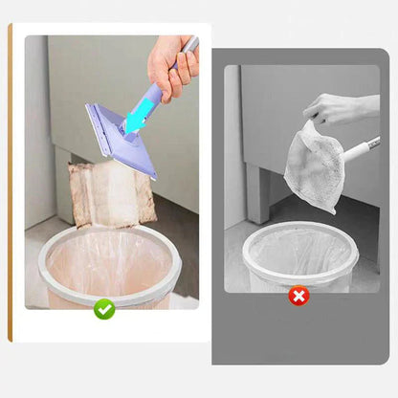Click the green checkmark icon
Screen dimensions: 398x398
click(104, 309)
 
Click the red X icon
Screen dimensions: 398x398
click(299, 296)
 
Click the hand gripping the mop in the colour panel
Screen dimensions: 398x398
click(172, 69)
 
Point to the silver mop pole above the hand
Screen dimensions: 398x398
click(191, 45)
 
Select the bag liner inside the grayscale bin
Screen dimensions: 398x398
click(299, 254)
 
